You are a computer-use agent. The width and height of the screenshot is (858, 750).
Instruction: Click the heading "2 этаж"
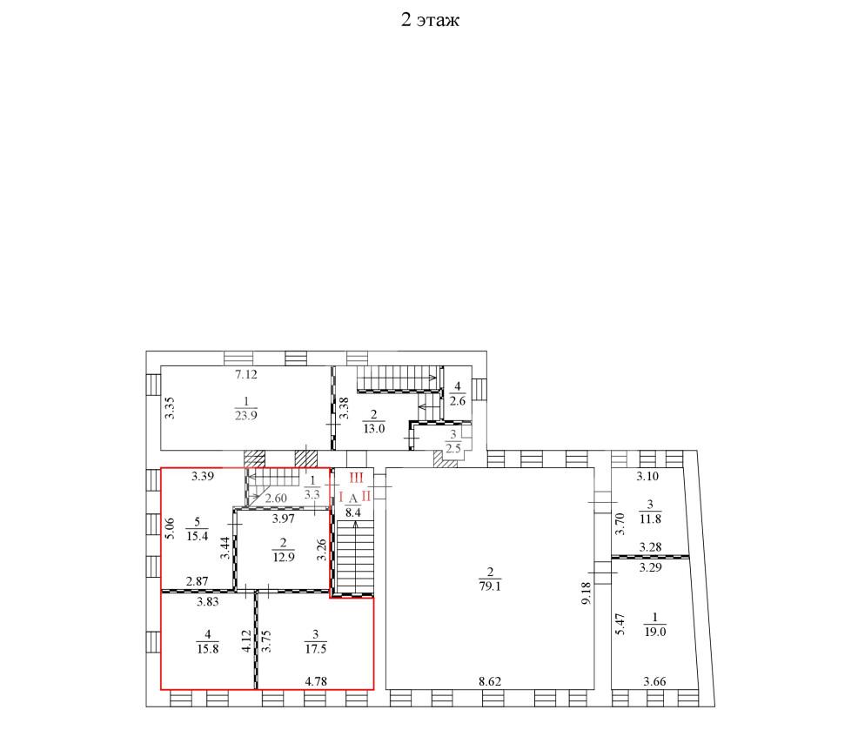tap(430, 20)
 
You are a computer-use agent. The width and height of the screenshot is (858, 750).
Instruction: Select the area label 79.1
tap(490, 586)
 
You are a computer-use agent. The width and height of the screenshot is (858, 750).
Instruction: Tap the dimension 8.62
tap(490, 681)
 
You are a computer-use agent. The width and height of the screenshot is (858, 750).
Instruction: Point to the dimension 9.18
tap(586, 593)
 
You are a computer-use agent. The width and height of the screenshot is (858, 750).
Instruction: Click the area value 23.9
tap(245, 415)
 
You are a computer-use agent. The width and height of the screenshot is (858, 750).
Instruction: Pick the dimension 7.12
tap(245, 375)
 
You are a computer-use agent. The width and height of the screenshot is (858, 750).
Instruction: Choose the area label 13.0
tap(373, 429)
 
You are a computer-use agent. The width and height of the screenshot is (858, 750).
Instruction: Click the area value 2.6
tap(458, 401)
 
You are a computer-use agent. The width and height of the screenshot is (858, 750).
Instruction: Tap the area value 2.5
tap(453, 449)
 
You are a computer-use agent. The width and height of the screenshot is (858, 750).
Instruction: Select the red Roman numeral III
tap(356, 478)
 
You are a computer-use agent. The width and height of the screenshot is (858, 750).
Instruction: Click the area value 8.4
tap(353, 512)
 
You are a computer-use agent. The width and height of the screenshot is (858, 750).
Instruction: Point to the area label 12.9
tap(284, 558)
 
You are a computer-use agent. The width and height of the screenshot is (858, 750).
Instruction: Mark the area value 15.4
tap(197, 536)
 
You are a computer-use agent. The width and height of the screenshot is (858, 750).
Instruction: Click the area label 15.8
tap(207, 649)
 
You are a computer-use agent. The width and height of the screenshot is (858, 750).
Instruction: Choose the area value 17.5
tap(316, 649)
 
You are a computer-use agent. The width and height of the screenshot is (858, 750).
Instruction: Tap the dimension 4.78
tap(316, 681)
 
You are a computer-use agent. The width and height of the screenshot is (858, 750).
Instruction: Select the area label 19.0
tap(655, 632)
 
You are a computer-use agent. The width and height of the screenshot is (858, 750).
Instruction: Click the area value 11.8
tap(650, 519)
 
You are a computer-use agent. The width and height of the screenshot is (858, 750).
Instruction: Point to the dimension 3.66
tap(654, 681)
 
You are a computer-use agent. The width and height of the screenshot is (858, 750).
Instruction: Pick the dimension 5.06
tap(170, 528)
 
